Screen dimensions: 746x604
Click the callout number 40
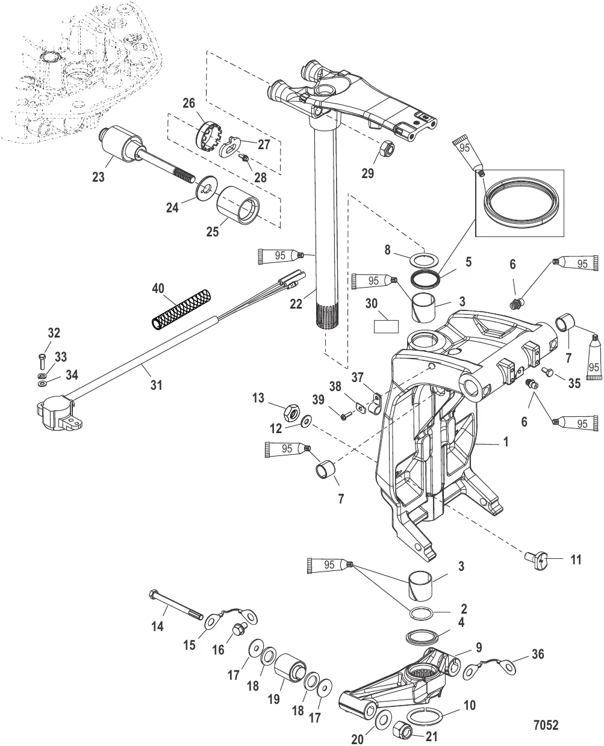pos(158,289)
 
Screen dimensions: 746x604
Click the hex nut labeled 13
pos(292,413)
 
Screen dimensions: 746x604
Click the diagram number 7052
pos(546,725)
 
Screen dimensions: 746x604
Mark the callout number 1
pos(506,442)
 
